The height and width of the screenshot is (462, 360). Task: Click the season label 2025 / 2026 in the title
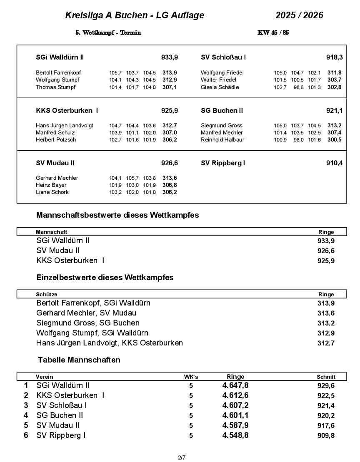pyautogui.click(x=299, y=16)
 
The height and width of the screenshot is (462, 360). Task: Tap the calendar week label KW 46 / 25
pyautogui.click(x=273, y=33)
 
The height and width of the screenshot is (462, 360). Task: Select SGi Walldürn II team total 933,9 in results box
pyautogui.click(x=170, y=57)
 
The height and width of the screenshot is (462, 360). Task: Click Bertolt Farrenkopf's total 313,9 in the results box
pyautogui.click(x=170, y=72)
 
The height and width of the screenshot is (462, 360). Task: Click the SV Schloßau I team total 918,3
pyautogui.click(x=334, y=57)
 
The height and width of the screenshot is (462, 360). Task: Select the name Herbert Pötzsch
pyautogui.click(x=56, y=139)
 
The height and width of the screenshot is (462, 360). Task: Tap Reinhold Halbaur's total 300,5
pyautogui.click(x=334, y=139)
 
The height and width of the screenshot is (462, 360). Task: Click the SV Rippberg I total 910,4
pyautogui.click(x=334, y=163)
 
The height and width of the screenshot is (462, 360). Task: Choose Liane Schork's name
pyautogui.click(x=52, y=192)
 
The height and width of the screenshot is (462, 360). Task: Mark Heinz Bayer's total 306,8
pyautogui.click(x=170, y=185)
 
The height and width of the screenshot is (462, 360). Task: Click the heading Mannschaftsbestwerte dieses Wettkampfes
pyautogui.click(x=117, y=216)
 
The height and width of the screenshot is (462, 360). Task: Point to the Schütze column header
pyautogui.click(x=46, y=294)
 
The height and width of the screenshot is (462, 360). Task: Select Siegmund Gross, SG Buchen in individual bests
pyautogui.click(x=88, y=323)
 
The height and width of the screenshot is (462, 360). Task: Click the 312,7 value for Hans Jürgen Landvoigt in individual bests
pyautogui.click(x=326, y=343)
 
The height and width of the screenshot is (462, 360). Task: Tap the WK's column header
pyautogui.click(x=191, y=377)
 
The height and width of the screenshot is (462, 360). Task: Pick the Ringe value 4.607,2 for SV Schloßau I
pyautogui.click(x=235, y=405)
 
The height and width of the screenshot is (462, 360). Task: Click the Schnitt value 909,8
pyautogui.click(x=326, y=436)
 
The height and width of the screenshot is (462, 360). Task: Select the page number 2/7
pyautogui.click(x=181, y=458)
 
